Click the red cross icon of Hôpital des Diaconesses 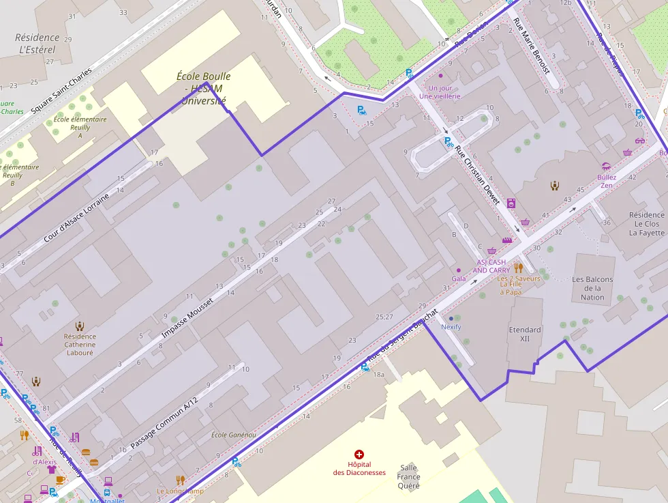coord(359,454)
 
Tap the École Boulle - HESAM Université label coord(203,89)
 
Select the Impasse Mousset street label coord(187,318)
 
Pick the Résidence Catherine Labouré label coord(80,344)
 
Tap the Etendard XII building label coord(525,334)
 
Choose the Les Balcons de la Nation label coord(592,288)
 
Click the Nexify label coord(451,327)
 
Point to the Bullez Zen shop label coord(607,181)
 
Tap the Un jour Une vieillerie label coord(440,92)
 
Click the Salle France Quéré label coord(409,476)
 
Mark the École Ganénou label coord(233,435)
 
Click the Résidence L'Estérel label coord(37,44)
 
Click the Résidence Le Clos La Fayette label coord(647,224)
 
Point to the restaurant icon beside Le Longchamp coord(180,480)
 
